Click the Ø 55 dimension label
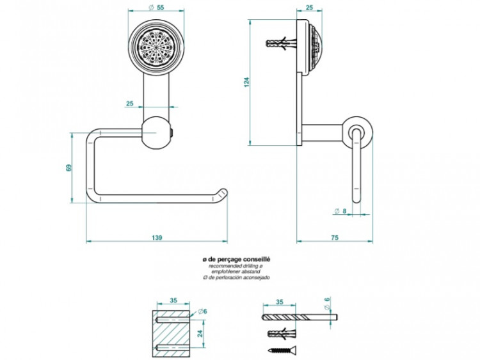(x=156, y=7)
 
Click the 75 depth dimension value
(x=334, y=237)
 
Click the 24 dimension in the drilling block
(x=200, y=334)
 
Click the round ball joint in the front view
(x=156, y=132)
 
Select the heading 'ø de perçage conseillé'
(x=236, y=259)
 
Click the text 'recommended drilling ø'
(x=236, y=265)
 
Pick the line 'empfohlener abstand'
(x=236, y=272)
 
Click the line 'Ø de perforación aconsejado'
(x=236, y=278)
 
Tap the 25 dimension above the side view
(x=308, y=7)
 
